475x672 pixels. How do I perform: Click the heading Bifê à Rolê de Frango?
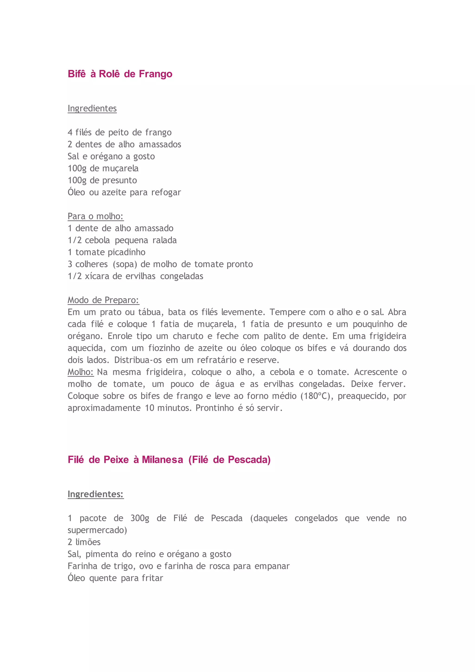[120, 74]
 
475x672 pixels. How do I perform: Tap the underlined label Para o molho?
[96, 216]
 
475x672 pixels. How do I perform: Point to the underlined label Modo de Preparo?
[103, 300]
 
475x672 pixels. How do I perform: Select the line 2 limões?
[84, 542]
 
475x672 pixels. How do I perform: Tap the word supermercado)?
[97, 530]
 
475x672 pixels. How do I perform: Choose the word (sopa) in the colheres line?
[125, 264]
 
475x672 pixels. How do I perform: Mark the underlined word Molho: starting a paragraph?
[80, 372]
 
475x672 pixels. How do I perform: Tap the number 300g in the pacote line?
[140, 518]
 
